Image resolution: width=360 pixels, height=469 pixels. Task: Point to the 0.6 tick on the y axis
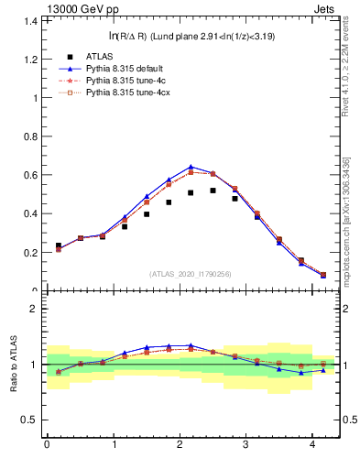coord(29,175)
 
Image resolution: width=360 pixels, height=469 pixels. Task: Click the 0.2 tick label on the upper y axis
coord(29,253)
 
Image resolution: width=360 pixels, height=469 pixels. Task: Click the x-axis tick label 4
coord(312,445)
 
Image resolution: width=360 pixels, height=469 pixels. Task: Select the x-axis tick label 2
coord(180,445)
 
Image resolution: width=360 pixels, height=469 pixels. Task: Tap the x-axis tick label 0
coord(47,445)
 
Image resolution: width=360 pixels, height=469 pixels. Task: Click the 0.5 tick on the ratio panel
coord(29,420)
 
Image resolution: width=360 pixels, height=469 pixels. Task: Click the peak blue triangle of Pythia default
coord(190,167)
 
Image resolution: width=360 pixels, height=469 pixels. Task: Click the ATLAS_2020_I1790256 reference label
coord(191,274)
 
